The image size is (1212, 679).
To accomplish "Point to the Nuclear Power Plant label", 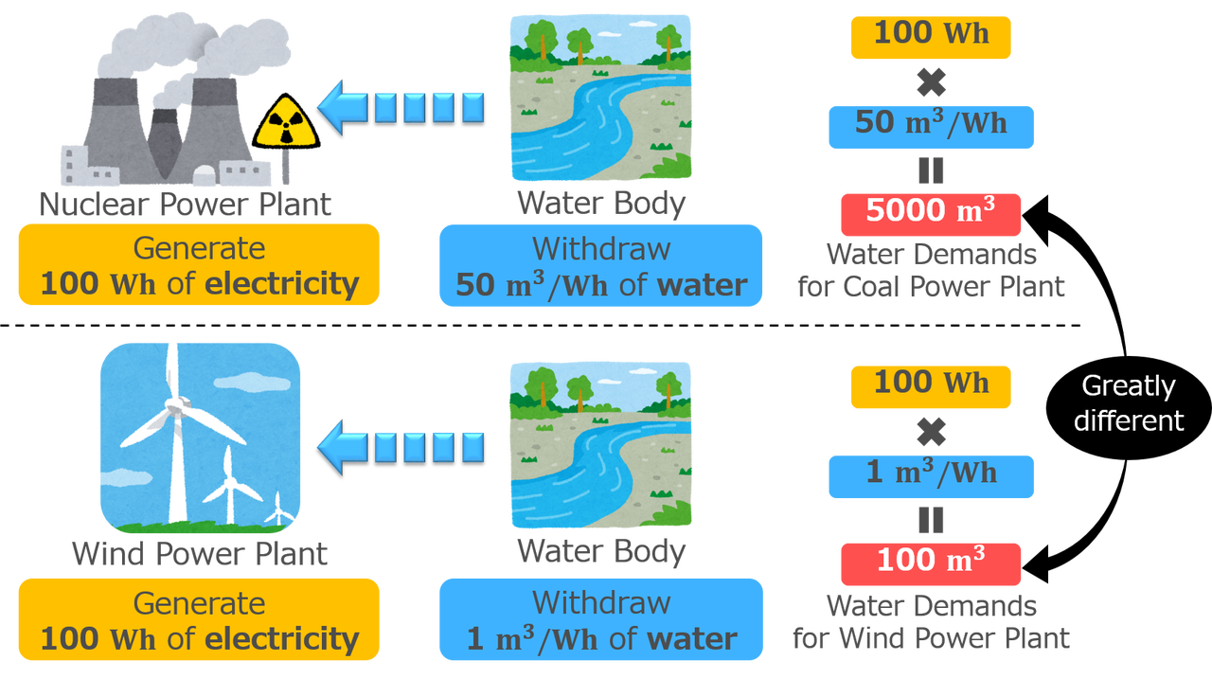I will [x=186, y=204].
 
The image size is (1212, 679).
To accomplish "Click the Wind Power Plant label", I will [x=200, y=553].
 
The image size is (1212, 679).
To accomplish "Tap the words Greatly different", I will [x=1128, y=402].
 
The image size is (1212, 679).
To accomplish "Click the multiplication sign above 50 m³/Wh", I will [x=932, y=83].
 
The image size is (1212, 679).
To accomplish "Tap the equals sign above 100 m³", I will [x=932, y=520].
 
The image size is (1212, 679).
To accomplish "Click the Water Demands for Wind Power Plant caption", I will [x=931, y=621].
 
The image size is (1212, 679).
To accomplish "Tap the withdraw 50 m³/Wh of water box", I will [x=601, y=266].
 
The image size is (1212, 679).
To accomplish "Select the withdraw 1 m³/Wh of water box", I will [x=601, y=619].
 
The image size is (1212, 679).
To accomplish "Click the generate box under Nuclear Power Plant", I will [x=199, y=265].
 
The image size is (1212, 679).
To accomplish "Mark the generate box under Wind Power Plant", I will [x=199, y=619].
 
